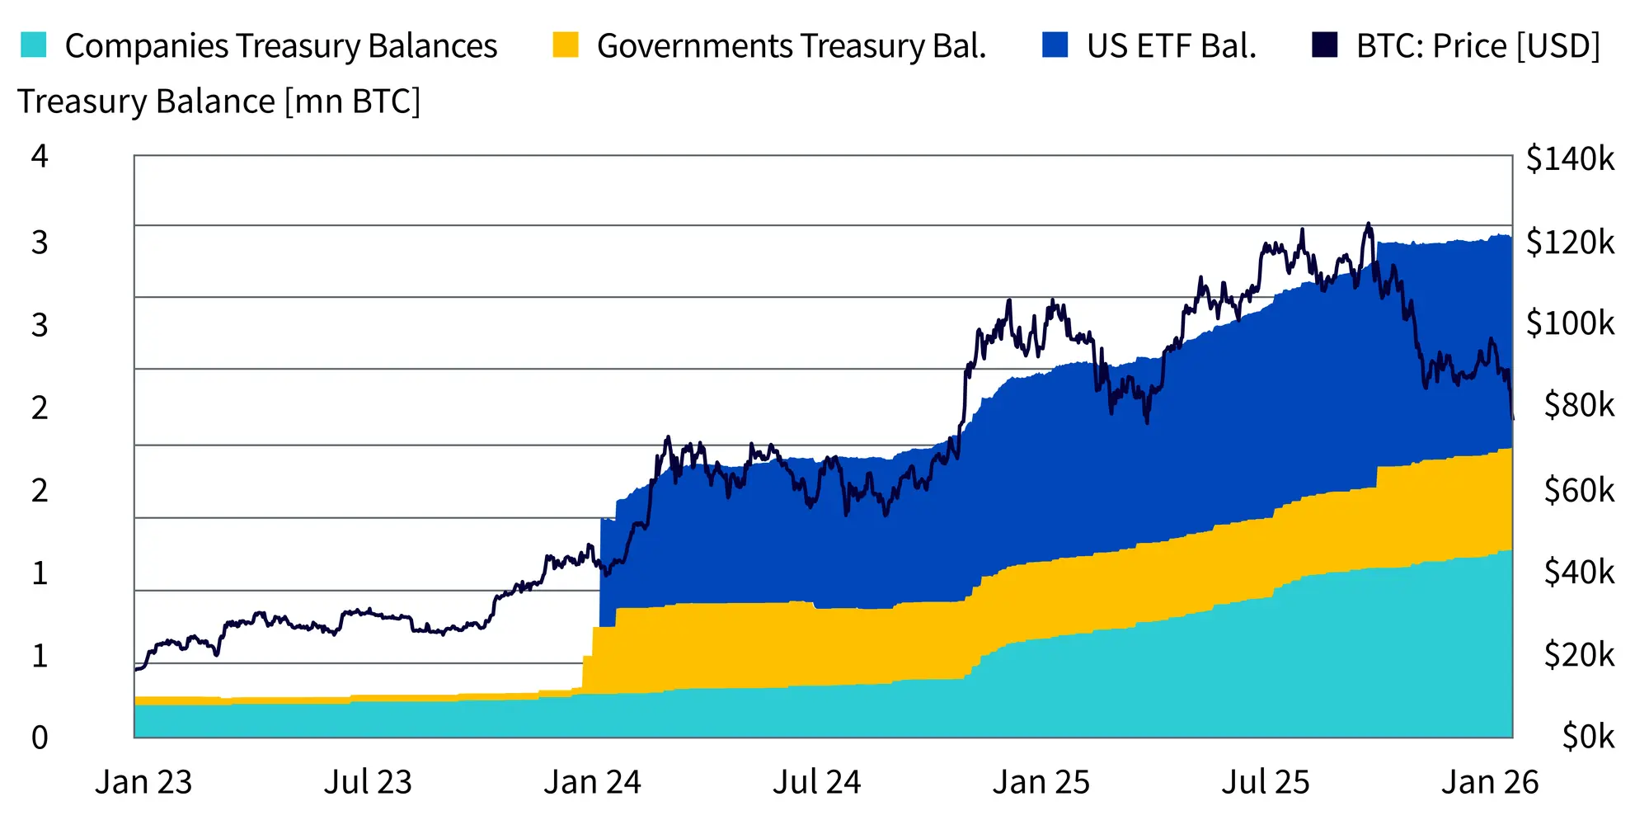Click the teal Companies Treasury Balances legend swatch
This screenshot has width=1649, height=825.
tap(33, 45)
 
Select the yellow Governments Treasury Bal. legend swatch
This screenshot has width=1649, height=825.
tap(566, 45)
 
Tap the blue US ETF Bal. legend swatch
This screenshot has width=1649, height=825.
tap(1055, 45)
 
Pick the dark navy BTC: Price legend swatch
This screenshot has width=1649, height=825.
tap(1324, 45)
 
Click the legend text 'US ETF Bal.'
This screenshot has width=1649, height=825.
tap(1171, 46)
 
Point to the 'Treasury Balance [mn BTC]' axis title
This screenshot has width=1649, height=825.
tap(219, 101)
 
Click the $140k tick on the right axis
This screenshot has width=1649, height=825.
tap(1570, 158)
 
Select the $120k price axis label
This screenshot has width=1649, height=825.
tap(1570, 242)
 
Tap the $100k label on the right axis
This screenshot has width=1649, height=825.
tap(1570, 323)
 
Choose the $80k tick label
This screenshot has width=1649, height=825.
tap(1579, 405)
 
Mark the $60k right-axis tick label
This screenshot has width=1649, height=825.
tap(1579, 490)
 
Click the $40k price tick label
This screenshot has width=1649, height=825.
tap(1579, 572)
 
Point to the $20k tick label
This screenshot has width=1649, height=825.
tap(1579, 654)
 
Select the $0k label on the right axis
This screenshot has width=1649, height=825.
tap(1588, 736)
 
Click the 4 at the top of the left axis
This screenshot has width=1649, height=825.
tap(40, 156)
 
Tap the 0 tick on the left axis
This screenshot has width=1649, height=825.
tap(40, 737)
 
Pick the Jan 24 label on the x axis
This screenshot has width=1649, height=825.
tap(592, 782)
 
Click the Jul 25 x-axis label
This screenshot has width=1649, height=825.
tap(1266, 782)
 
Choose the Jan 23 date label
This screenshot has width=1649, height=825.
tap(143, 782)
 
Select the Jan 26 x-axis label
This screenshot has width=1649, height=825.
tap(1490, 782)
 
